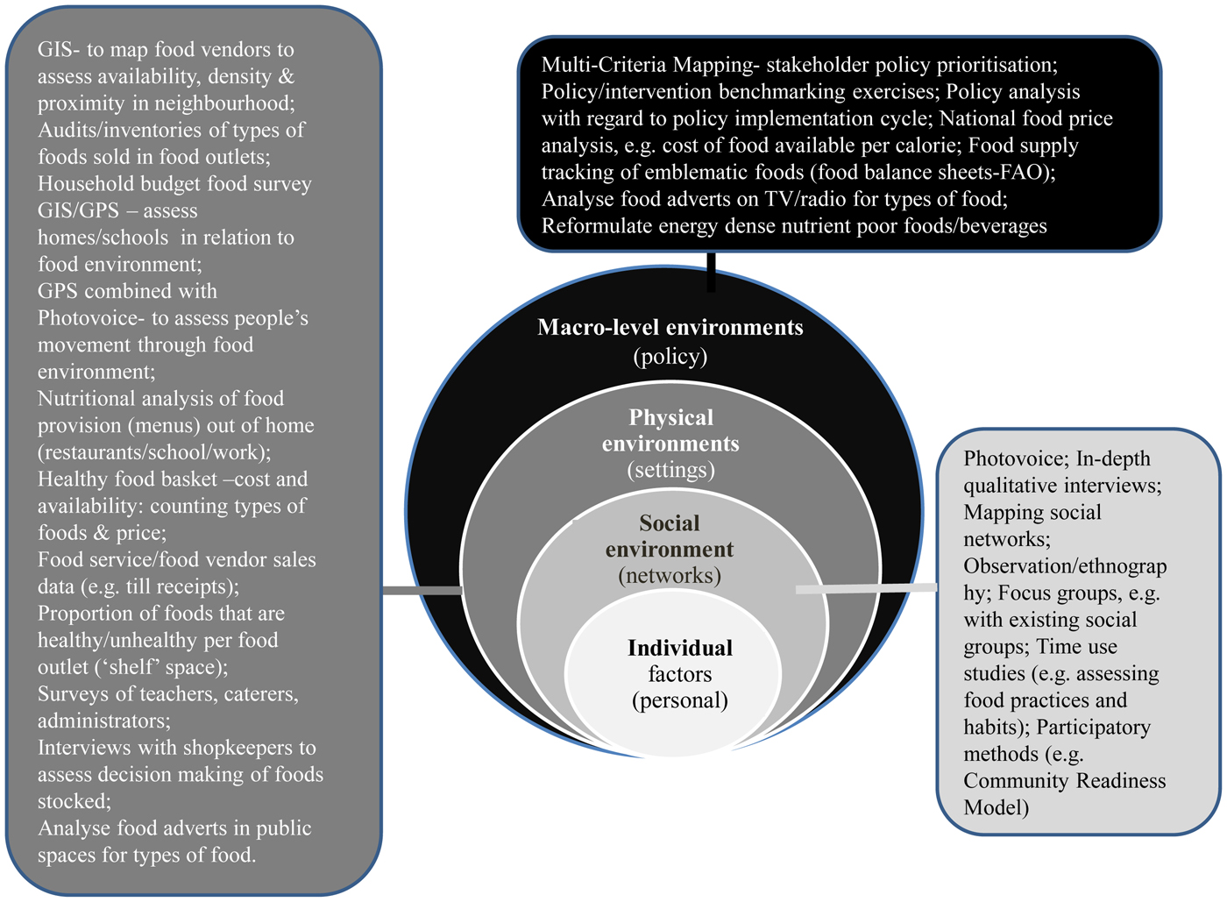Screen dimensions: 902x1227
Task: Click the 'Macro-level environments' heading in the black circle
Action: (670, 328)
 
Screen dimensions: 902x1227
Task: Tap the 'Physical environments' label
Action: (670, 430)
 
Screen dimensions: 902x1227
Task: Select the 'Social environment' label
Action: (669, 536)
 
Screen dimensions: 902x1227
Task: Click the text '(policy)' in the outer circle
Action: (670, 356)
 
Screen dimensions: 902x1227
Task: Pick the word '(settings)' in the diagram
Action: (670, 470)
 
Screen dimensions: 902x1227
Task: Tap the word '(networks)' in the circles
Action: (669, 575)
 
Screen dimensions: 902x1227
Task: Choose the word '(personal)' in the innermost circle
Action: (679, 700)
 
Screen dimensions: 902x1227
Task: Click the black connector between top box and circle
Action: (711, 271)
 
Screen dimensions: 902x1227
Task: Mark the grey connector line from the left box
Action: (422, 591)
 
